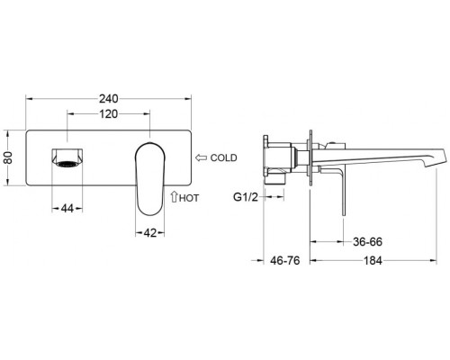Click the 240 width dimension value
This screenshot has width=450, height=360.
pos(109,99)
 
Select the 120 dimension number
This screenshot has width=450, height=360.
pos(109,114)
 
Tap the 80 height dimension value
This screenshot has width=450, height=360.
pos(8,157)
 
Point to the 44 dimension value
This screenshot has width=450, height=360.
pos(67,209)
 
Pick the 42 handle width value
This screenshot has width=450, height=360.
pos(150,232)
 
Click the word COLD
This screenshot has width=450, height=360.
pos(223,157)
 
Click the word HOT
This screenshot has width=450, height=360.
pos(189,198)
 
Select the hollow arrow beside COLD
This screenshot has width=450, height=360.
pos(202,157)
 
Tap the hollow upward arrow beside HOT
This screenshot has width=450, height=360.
pos(174,196)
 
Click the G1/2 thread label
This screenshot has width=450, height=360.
pos(246,197)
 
